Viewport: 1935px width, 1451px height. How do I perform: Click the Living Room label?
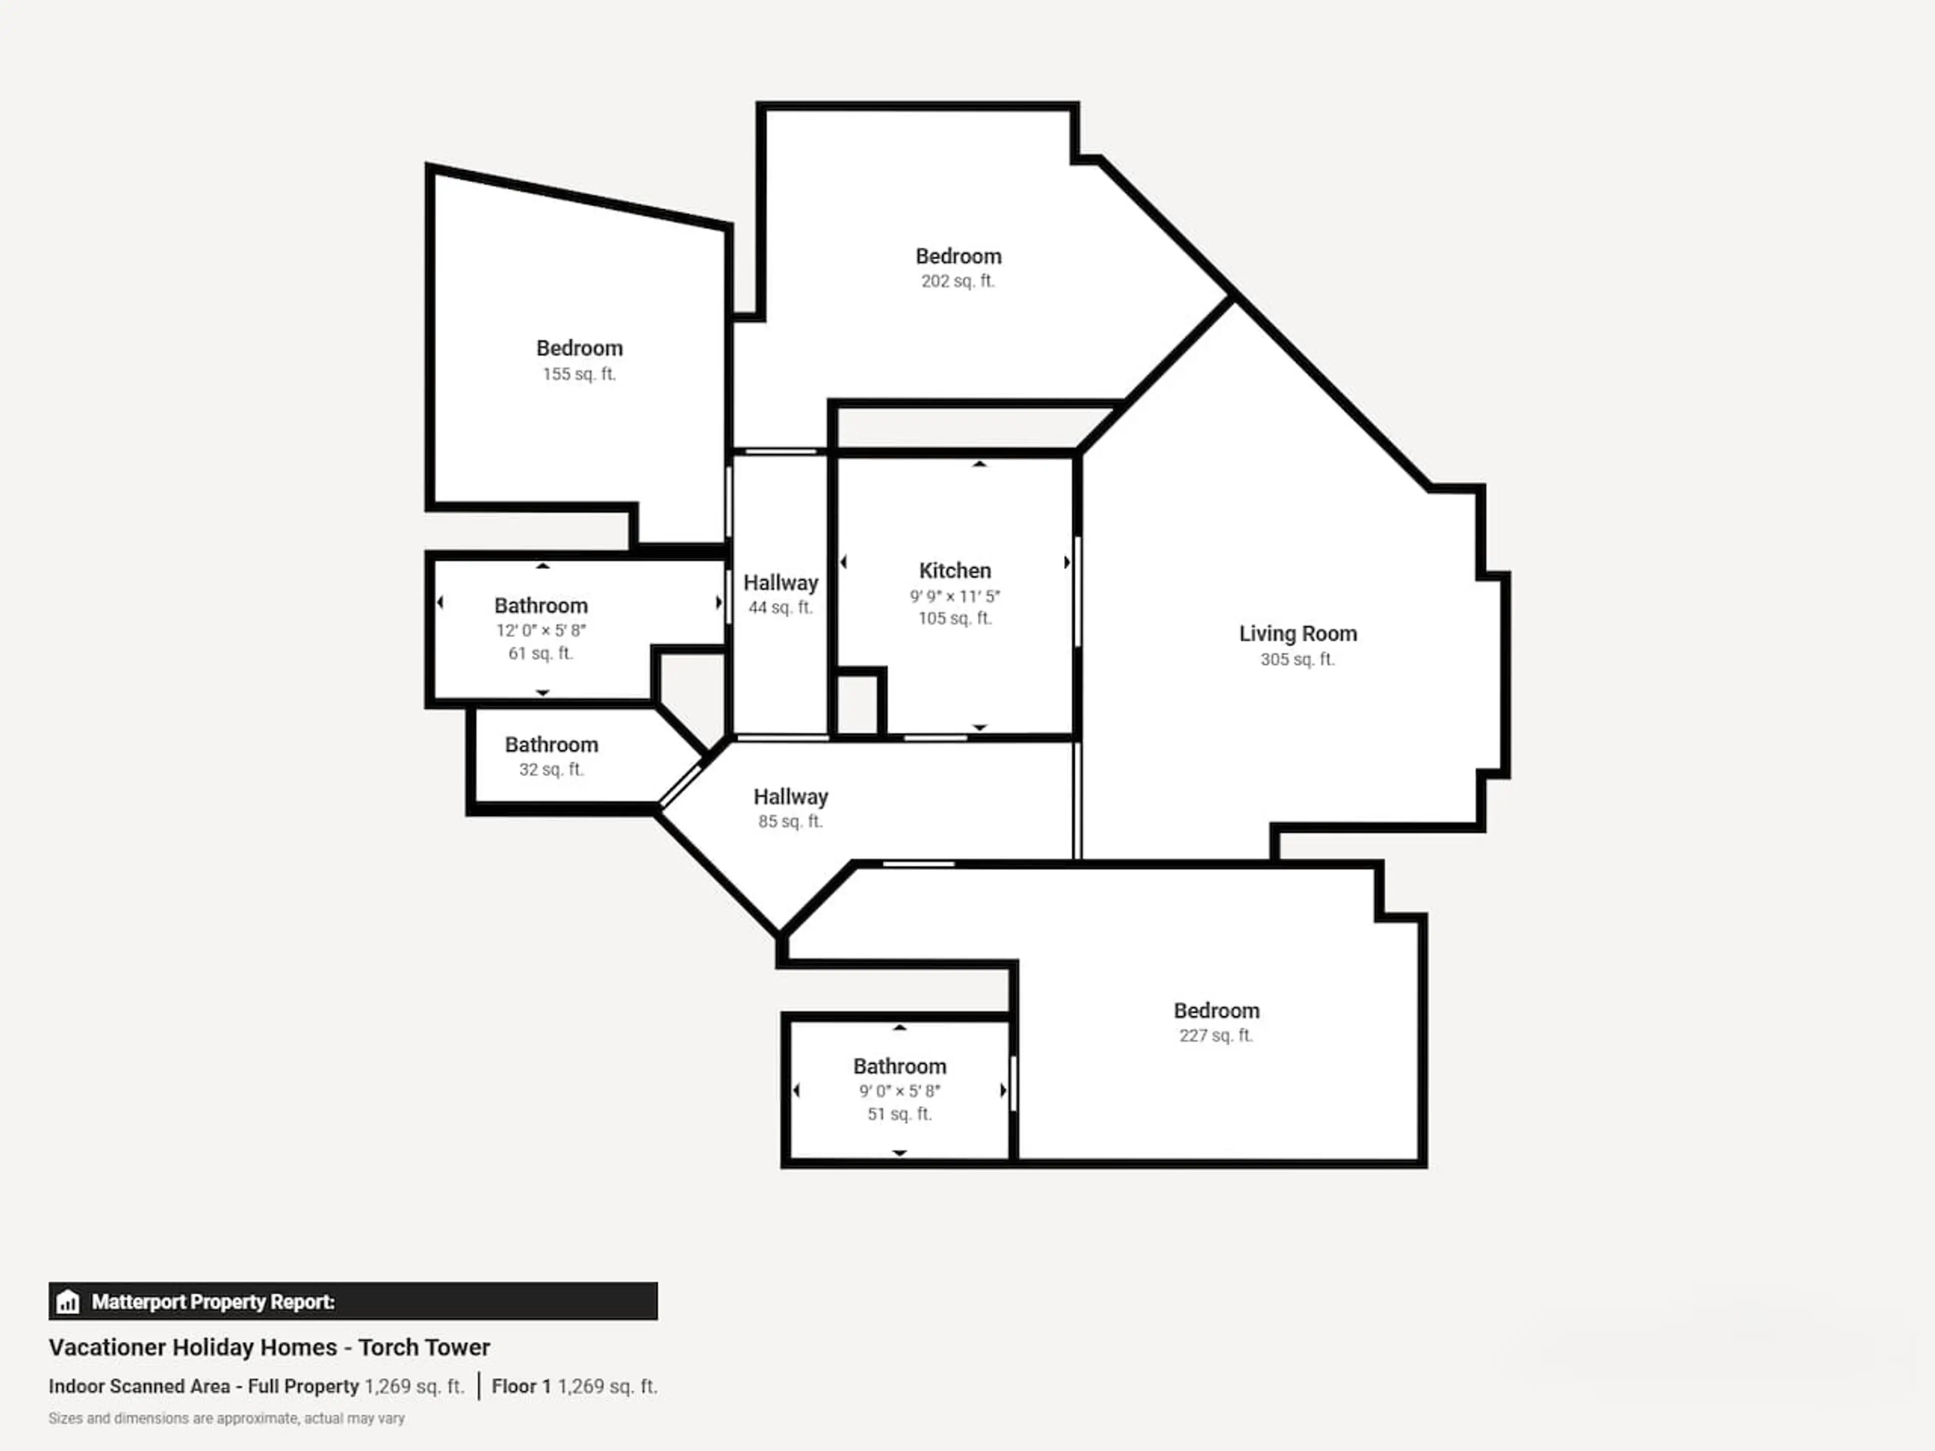(1297, 634)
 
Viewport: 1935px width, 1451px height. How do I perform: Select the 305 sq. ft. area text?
(1297, 659)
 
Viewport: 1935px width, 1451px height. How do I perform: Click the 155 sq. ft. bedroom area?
(579, 374)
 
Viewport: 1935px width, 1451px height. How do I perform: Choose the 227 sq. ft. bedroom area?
(1216, 1035)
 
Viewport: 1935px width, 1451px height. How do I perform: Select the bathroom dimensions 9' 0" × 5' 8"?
(899, 1092)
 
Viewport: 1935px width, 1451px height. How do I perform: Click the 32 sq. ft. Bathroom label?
(551, 745)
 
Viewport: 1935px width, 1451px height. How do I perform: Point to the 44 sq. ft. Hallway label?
(780, 583)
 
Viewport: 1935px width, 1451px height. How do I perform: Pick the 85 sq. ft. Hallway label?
(791, 798)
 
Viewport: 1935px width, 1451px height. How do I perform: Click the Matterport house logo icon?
(68, 1302)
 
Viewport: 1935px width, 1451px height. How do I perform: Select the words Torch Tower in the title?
(424, 1348)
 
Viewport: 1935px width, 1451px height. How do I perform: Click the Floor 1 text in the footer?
(522, 1387)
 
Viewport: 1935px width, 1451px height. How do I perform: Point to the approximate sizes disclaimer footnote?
(227, 1419)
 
